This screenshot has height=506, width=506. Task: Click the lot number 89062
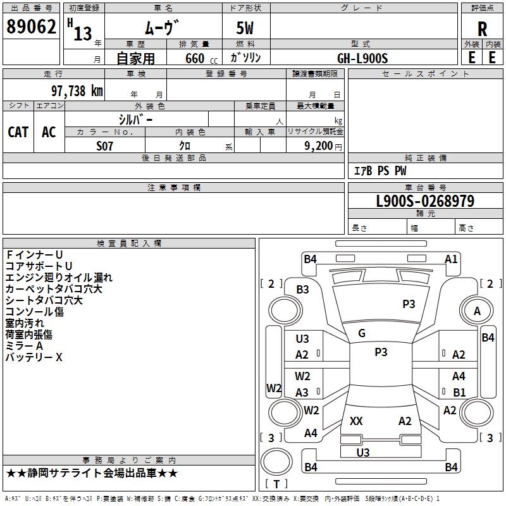[31, 27]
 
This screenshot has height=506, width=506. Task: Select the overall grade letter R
[482, 28]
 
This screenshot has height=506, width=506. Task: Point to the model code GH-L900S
[362, 58]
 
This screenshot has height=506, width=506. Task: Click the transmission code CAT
[18, 132]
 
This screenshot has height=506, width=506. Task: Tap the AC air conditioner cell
[49, 132]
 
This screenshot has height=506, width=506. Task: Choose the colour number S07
[105, 145]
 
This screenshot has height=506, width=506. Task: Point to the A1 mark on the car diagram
[451, 259]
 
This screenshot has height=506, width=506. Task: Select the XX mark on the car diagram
[356, 421]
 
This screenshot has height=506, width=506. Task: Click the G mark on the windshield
[362, 333]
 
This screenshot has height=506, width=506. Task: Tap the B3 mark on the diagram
[303, 289]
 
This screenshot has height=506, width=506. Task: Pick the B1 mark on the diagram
[459, 393]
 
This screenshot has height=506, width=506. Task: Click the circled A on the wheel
[477, 311]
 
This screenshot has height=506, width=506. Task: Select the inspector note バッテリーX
[34, 357]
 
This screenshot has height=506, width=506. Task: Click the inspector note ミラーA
[24, 346]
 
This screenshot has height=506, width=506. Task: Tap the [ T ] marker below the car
[276, 484]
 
